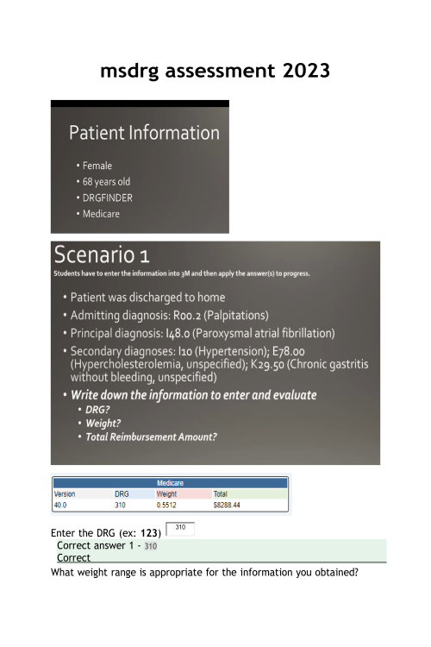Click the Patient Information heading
point(144,133)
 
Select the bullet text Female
point(97,166)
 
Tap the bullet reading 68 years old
point(106,182)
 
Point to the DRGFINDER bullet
point(108,198)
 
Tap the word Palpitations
point(240,315)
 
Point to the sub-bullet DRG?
point(97,410)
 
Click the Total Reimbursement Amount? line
point(151,437)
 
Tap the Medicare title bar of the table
point(170,483)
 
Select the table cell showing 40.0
point(61,505)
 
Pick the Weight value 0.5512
point(168,505)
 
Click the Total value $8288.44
point(227,505)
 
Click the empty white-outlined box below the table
point(181,529)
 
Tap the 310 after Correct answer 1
point(151,546)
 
